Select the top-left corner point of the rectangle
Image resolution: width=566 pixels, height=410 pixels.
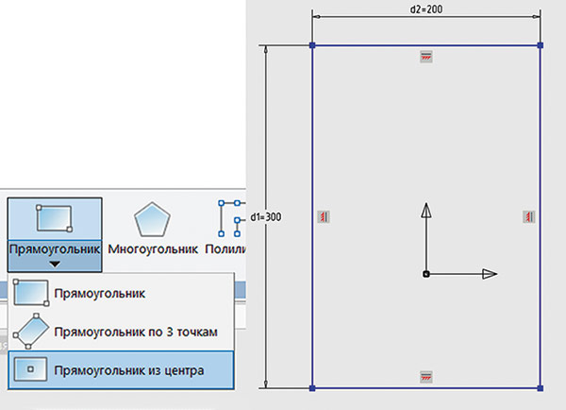312,44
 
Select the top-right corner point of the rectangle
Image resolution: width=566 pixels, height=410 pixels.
540,44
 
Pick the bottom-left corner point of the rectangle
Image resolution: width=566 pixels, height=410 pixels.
312,387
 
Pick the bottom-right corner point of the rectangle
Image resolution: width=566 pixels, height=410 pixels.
540,387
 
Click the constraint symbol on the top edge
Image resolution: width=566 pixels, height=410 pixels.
425,58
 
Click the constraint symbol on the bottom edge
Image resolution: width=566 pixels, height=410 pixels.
425,376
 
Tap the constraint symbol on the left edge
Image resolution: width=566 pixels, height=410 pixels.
323,217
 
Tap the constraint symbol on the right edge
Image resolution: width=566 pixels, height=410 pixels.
529,217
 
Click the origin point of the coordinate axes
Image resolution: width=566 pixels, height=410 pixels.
426,274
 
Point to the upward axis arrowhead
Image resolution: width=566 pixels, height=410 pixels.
426,210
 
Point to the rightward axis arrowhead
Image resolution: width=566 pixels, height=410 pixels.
490,274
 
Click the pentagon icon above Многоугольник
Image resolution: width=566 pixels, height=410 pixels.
151,220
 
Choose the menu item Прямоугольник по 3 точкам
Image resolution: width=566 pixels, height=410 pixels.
136,332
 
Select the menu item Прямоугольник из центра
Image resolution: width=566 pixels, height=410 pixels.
129,369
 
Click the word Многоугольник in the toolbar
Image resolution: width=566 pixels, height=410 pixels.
152,249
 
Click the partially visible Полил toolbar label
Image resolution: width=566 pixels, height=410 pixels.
230,249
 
